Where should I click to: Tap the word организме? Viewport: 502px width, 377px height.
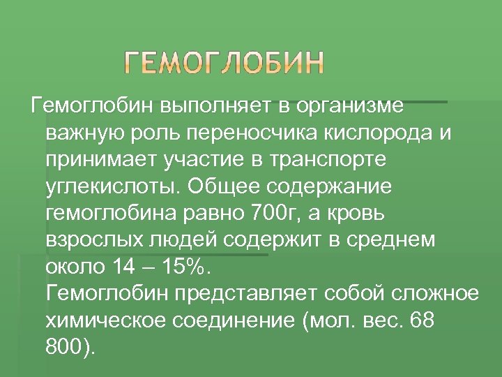pos(351,108)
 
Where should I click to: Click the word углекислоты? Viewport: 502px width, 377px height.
pos(112,188)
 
